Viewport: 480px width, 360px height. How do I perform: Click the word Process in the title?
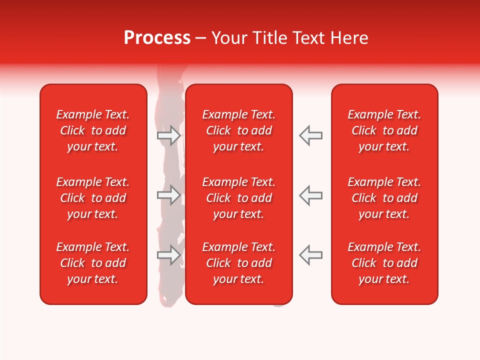157,38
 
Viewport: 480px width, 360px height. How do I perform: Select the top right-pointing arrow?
169,135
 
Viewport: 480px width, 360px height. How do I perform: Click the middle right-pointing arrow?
169,195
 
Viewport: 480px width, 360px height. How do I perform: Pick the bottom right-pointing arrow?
169,255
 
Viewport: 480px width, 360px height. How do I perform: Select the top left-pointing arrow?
310,135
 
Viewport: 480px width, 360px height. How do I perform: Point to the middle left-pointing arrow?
310,195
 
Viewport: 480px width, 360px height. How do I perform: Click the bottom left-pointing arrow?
310,255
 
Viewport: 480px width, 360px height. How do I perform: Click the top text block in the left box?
93,130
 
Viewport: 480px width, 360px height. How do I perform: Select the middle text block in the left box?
93,198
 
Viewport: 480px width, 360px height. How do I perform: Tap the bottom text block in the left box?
93,263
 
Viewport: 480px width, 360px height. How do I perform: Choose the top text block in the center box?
239,130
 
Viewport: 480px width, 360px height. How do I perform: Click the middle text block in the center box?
239,198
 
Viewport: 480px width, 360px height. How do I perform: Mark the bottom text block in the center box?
239,263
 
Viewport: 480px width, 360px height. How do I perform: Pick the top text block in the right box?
384,130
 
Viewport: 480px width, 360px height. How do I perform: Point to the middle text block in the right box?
384,198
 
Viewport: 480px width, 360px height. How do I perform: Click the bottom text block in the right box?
384,263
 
